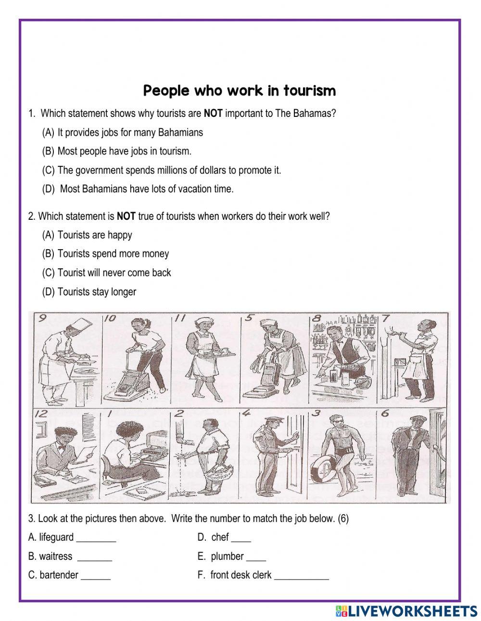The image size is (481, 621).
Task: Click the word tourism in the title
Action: (x=310, y=90)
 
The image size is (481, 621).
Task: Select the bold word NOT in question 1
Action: (x=213, y=114)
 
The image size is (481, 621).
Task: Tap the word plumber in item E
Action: (x=227, y=557)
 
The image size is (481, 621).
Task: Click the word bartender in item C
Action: (x=59, y=575)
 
